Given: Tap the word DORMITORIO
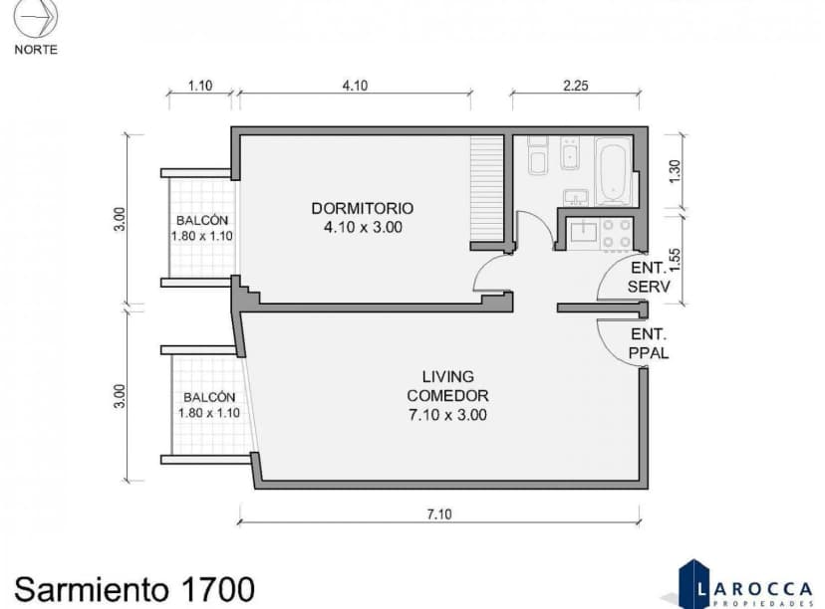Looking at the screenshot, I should pos(362,209).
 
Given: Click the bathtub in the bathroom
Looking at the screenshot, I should pos(614,170).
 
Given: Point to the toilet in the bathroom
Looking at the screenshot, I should pos(538,158).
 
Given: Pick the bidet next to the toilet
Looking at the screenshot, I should pos(570,153).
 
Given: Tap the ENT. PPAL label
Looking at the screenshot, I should pos(649,343).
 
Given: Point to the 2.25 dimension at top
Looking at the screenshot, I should pos(576,87).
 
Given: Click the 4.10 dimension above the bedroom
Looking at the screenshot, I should pos(355,87).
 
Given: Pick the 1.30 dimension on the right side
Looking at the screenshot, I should pos(675,170).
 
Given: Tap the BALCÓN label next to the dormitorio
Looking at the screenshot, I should pos(203,221).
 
